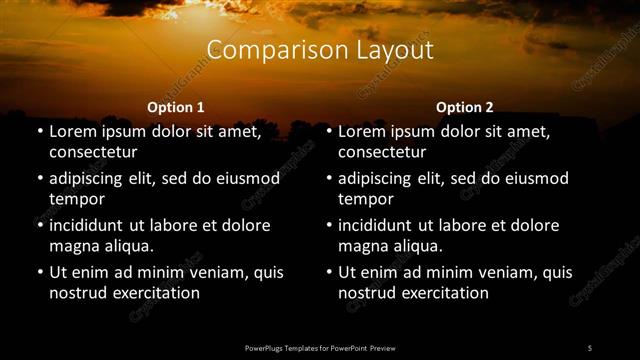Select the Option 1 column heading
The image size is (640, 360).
(176, 107)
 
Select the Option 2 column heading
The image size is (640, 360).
(465, 107)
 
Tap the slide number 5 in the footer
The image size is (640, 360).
(589, 347)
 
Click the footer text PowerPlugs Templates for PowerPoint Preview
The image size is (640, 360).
(320, 347)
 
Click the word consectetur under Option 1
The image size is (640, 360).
(93, 153)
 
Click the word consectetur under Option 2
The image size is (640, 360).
(382, 153)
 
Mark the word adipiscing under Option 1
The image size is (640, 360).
(91, 179)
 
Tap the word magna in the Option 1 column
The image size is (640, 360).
(73, 246)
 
